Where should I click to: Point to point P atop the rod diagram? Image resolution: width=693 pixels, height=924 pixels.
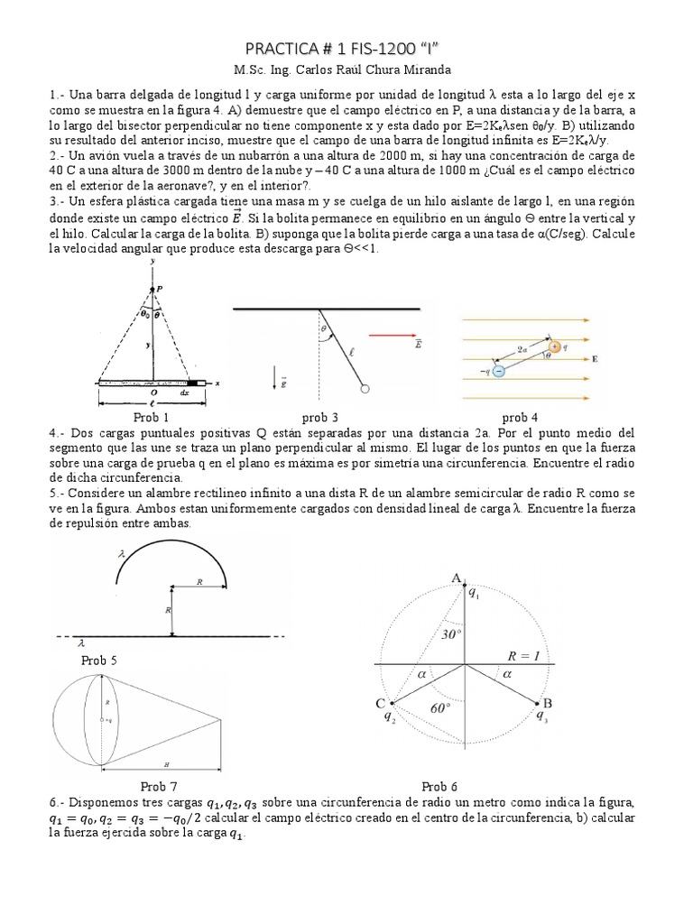[x=159, y=288]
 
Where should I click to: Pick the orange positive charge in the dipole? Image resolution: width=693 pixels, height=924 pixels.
[x=554, y=346]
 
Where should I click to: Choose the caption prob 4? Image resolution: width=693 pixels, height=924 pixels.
[x=521, y=417]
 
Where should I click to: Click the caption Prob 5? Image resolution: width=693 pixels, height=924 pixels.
[x=99, y=660]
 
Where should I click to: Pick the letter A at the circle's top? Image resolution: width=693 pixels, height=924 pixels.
[x=457, y=577]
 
